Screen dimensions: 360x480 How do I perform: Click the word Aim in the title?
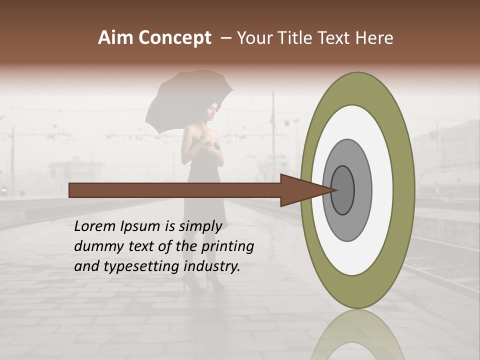tap(115, 38)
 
